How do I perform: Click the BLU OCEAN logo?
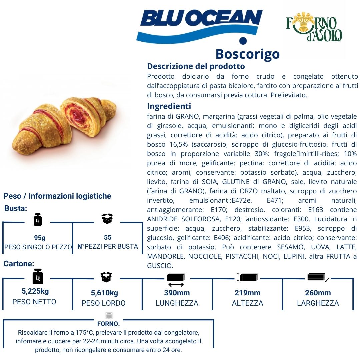coord(199,27)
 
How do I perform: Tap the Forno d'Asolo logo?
coord(314,27)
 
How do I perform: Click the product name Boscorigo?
coord(247,54)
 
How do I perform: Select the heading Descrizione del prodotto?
coord(196,66)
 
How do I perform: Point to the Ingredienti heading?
coord(169,106)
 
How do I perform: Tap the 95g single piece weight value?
coord(40,238)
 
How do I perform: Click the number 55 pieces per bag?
coord(108,237)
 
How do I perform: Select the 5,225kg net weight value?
coord(35,291)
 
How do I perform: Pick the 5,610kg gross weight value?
coord(104,293)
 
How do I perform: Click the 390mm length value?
coord(177,293)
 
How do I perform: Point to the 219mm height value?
coord(247,293)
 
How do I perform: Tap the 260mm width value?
coord(318,293)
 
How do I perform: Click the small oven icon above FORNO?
coord(109,315)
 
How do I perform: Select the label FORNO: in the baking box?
coord(109,324)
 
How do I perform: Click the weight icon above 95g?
coord(38,220)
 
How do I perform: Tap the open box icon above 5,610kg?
coord(106,277)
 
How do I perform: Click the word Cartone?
coord(19,264)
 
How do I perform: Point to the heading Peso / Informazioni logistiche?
coord(57,196)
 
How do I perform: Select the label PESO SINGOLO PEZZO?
coord(38,247)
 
